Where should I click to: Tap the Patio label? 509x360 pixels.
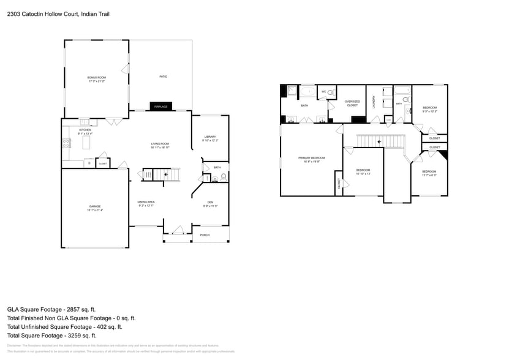pyautogui.click(x=164, y=77)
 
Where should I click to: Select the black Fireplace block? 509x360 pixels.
pyautogui.click(x=160, y=107)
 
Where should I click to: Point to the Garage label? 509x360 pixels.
pyautogui.click(x=95, y=208)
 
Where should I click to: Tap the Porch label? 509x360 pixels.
pyautogui.click(x=205, y=235)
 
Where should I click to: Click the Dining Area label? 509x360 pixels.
pyautogui.click(x=146, y=203)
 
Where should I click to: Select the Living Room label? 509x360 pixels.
pyautogui.click(x=160, y=145)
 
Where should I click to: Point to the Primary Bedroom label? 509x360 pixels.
pyautogui.click(x=311, y=159)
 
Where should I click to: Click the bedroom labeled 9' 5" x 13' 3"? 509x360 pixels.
pyautogui.click(x=429, y=110)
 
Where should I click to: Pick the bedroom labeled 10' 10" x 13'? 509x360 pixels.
pyautogui.click(x=363, y=172)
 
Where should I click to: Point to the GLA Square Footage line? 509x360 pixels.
pyautogui.click(x=51, y=310)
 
